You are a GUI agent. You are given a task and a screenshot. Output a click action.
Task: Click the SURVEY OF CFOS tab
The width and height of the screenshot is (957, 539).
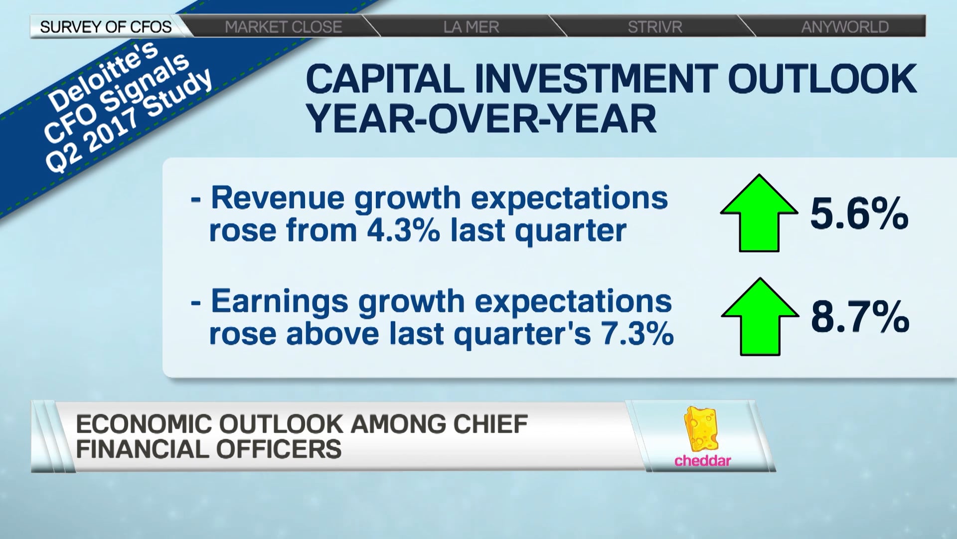tap(106, 26)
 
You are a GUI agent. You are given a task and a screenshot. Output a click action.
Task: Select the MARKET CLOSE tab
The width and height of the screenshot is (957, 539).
tap(283, 26)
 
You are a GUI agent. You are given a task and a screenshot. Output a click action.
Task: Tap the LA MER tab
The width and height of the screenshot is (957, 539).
tap(471, 26)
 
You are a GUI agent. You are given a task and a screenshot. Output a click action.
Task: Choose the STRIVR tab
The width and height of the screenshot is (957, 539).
tap(654, 26)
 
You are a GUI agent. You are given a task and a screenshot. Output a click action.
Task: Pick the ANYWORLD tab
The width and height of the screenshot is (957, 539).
tap(845, 26)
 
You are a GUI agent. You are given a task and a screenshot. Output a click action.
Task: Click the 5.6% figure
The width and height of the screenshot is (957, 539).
tap(859, 214)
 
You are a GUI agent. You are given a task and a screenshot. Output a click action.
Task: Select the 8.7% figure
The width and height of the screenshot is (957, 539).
tap(860, 317)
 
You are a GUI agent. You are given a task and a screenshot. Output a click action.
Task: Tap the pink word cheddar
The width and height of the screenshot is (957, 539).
tap(702, 460)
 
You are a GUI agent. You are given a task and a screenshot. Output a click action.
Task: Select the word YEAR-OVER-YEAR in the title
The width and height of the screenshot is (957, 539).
tap(481, 119)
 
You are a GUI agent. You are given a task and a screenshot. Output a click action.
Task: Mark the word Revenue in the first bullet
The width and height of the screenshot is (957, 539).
tap(278, 198)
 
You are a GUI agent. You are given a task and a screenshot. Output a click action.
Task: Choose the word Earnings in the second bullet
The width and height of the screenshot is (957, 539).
tap(280, 301)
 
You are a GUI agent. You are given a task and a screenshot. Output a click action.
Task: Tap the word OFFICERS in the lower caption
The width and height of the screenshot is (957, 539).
tap(279, 449)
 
